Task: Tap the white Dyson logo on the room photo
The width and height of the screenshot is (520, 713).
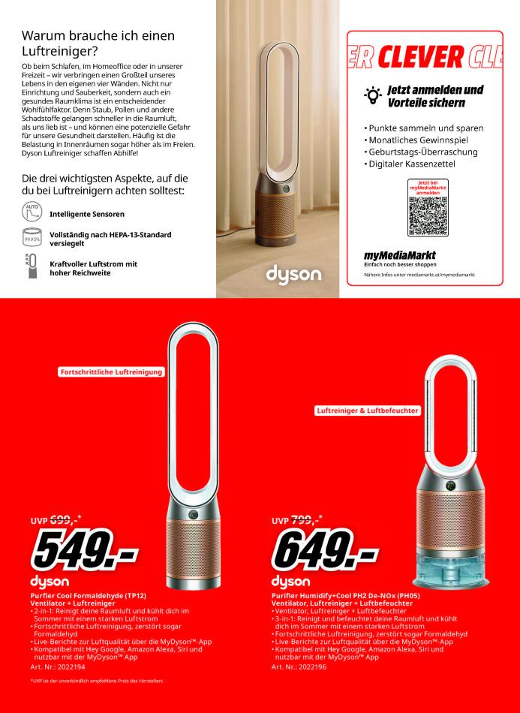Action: pos(293,274)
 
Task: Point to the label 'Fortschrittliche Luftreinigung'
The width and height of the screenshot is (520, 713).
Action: pos(111,372)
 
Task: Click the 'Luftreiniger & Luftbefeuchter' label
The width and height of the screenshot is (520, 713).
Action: pos(368,411)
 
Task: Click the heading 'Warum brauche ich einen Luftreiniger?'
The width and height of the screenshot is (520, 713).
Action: pos(98,43)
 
